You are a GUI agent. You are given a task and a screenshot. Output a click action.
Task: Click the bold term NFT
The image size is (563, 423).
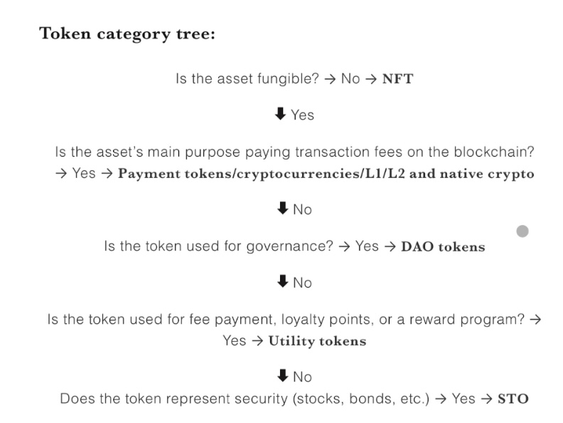(397, 79)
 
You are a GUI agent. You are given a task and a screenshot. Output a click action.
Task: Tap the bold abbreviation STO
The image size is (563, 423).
(513, 399)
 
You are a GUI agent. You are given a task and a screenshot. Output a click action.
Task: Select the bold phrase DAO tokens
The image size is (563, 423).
(443, 246)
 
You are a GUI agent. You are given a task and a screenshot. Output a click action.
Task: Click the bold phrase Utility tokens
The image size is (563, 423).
(317, 340)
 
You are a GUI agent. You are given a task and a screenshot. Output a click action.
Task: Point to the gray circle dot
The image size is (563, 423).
(522, 231)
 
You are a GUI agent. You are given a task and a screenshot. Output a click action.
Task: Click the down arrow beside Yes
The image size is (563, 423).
(280, 114)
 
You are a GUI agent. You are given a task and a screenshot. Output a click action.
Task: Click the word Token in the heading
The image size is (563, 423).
(65, 33)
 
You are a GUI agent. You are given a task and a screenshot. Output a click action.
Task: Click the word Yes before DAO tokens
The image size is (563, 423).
(367, 246)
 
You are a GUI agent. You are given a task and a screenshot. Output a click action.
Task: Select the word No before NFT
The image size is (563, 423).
(350, 79)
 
